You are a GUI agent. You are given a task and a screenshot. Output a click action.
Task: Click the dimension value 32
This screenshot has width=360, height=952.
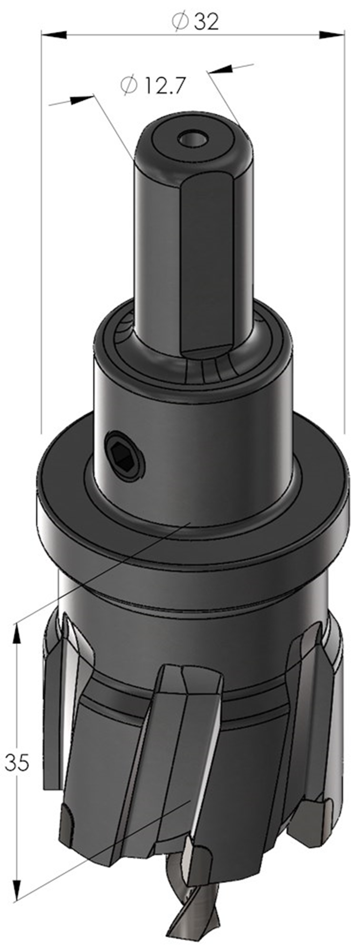click(206, 22)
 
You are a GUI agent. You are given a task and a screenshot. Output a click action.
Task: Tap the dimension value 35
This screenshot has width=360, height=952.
click(17, 762)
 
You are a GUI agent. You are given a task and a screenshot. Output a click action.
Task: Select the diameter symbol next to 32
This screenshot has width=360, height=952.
click(180, 21)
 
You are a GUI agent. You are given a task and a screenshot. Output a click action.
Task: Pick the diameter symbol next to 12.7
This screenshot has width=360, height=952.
click(129, 85)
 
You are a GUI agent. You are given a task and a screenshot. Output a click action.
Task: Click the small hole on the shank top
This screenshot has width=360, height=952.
click(192, 139)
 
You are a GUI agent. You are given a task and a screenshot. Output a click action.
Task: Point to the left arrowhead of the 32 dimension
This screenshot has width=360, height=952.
click(54, 34)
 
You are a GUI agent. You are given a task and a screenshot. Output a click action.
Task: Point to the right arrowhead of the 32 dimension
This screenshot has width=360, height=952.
click(332, 34)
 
